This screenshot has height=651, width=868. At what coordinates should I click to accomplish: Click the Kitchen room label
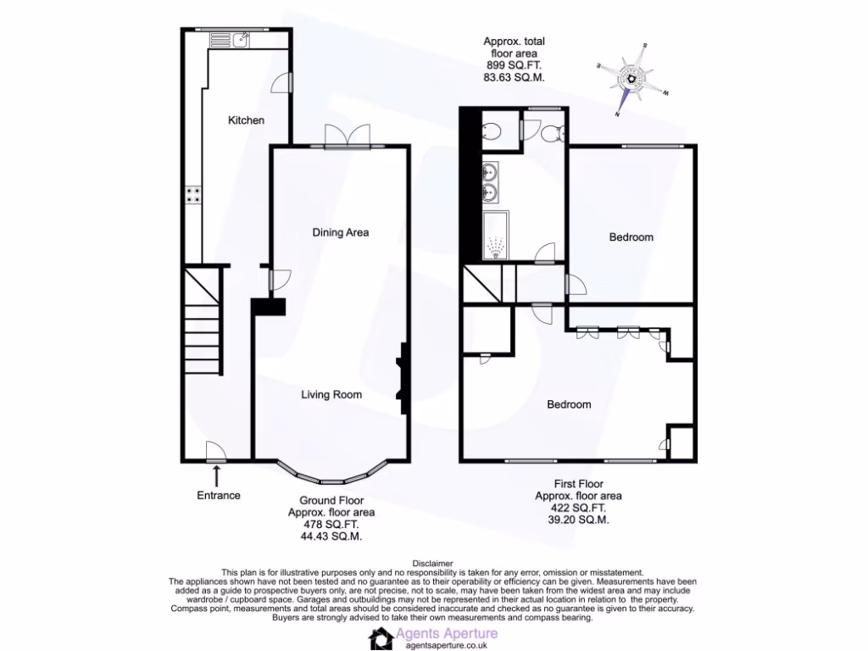click(246, 120)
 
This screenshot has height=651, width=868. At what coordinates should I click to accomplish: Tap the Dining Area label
click(340, 232)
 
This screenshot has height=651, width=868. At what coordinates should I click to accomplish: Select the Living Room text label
click(331, 394)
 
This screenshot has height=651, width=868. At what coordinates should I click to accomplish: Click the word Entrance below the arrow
click(219, 495)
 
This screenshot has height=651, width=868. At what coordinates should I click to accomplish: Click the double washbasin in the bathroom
click(491, 182)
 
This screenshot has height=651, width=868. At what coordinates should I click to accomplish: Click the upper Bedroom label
click(632, 237)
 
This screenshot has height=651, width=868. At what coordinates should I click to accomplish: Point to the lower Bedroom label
click(569, 404)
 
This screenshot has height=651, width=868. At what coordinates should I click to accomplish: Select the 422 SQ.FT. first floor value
click(579, 509)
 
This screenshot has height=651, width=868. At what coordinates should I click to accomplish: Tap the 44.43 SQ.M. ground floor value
click(331, 537)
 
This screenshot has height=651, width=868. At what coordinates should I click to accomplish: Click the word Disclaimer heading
click(433, 563)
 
